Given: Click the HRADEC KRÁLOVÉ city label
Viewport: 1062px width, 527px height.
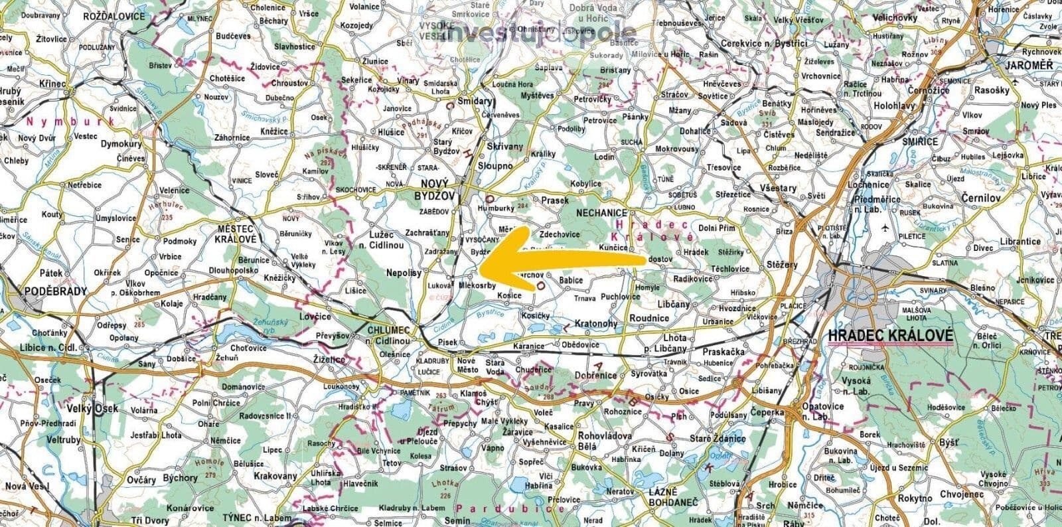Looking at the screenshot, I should click(890, 336).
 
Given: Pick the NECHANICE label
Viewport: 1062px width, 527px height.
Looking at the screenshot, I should click(601, 213).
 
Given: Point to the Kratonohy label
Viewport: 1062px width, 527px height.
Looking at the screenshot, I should click(595, 325).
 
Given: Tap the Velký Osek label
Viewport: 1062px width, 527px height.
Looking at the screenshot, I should click(92, 408).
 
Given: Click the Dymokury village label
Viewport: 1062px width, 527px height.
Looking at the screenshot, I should click(122, 143).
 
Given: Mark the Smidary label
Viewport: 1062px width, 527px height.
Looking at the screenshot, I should click(472, 102).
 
